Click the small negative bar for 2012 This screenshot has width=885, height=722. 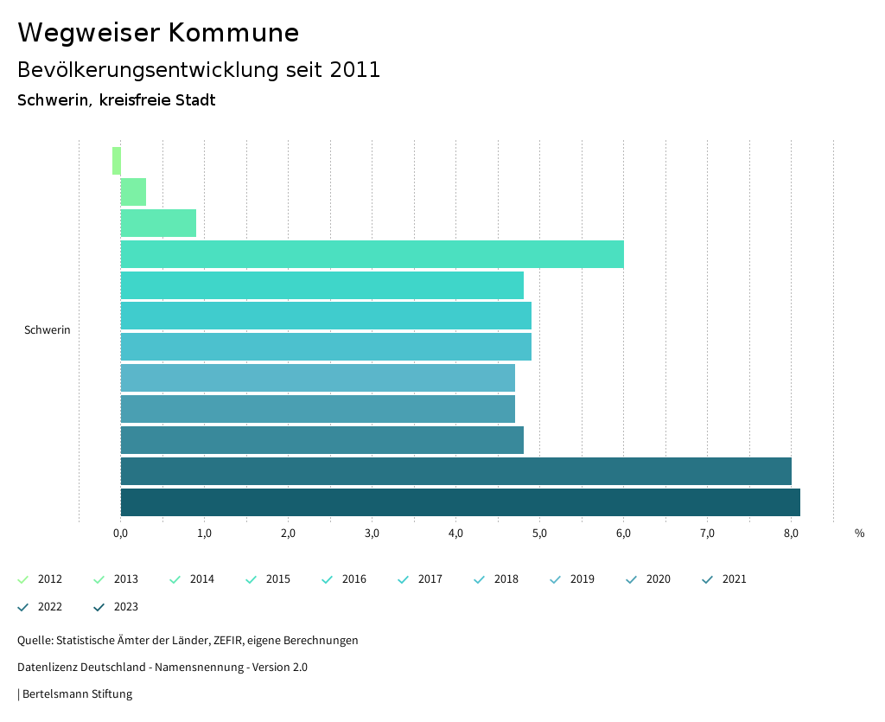pyautogui.click(x=117, y=161)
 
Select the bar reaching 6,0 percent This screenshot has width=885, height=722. pyautogui.click(x=372, y=254)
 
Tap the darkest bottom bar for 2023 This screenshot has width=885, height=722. pyautogui.click(x=460, y=502)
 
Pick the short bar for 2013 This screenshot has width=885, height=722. pyautogui.click(x=133, y=192)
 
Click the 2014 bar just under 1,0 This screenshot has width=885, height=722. pyautogui.click(x=158, y=223)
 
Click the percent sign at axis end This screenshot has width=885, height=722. pyautogui.click(x=859, y=534)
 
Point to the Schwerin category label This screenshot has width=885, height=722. pyautogui.click(x=48, y=330)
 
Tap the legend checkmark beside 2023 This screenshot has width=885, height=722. pyautogui.click(x=99, y=607)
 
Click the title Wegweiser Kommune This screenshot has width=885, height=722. pyautogui.click(x=158, y=33)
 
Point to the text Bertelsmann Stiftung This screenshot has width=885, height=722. pyautogui.click(x=77, y=694)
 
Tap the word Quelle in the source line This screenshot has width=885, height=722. pyautogui.click(x=34, y=641)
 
